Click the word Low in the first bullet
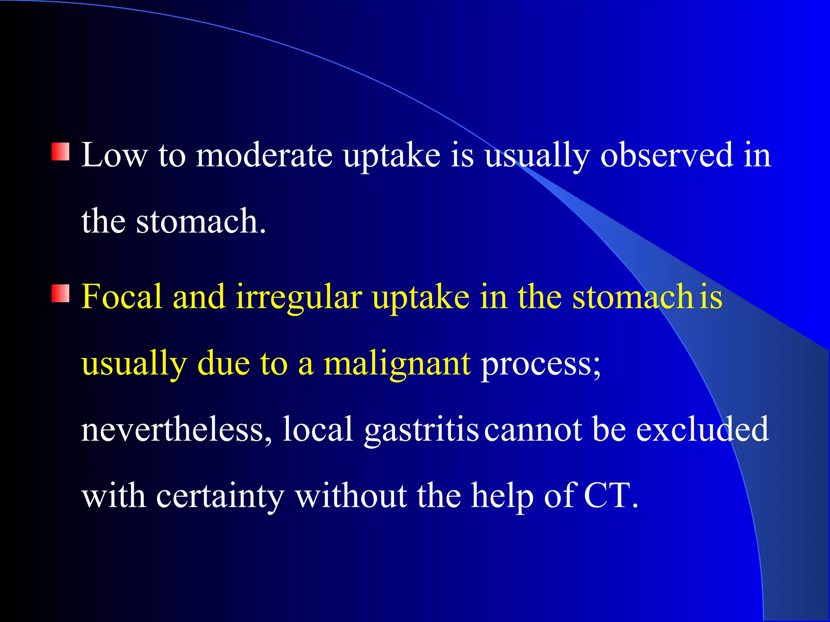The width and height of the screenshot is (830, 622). (114, 155)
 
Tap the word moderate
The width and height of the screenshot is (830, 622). (264, 155)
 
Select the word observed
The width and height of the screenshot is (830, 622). (667, 155)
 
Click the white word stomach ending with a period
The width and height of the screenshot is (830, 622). (201, 222)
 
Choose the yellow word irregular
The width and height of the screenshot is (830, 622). (299, 298)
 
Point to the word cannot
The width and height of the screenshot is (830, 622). (533, 430)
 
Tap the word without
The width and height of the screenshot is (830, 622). (351, 496)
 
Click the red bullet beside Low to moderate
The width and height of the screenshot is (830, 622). (60, 151)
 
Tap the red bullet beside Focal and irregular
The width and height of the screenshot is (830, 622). (60, 293)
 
